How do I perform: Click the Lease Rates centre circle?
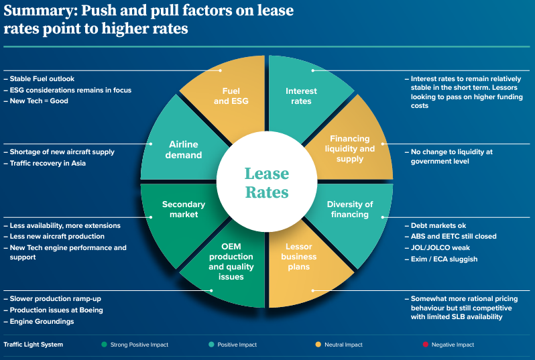(x=266, y=183)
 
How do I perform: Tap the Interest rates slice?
(x=301, y=95)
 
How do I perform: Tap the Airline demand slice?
(x=184, y=149)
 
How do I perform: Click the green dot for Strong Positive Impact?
(x=104, y=345)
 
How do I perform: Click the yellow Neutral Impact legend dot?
(x=318, y=345)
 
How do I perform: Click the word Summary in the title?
(x=34, y=11)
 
